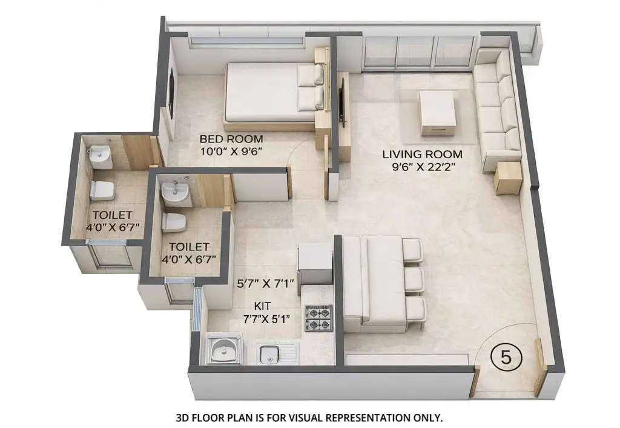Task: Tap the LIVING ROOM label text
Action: point(422,154)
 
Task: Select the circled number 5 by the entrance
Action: point(506,356)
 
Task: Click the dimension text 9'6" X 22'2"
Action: point(423,167)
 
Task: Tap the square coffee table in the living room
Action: point(437,113)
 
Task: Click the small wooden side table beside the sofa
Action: point(507,178)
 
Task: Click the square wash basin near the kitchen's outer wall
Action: point(224,350)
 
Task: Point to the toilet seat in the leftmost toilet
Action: point(102,190)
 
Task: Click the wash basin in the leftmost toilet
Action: point(99,156)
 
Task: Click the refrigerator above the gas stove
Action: point(315,265)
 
